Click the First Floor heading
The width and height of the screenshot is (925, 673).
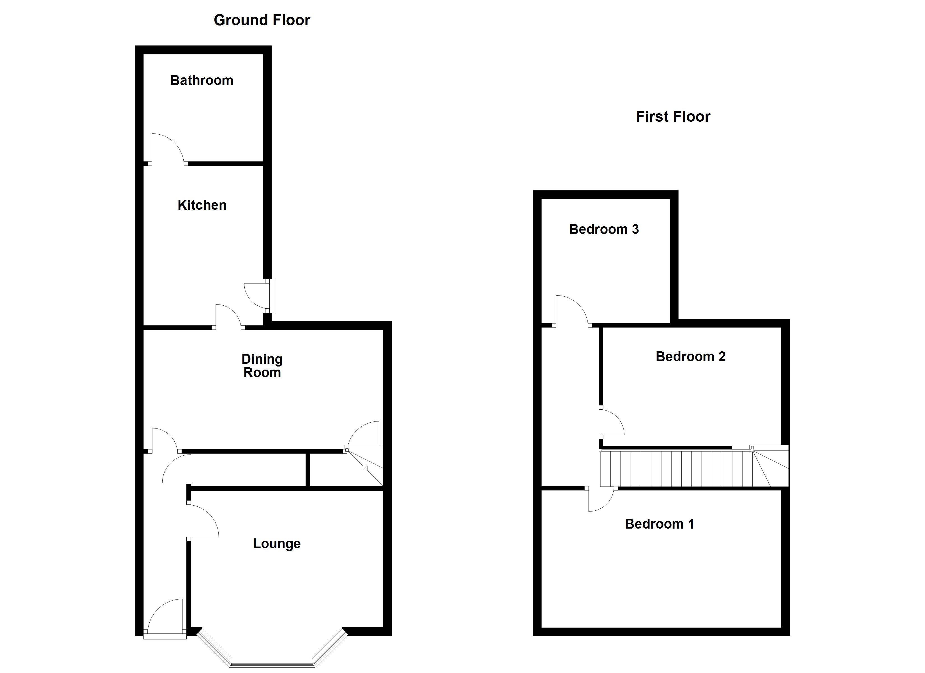[x=673, y=117]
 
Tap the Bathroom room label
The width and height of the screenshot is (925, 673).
[x=202, y=80]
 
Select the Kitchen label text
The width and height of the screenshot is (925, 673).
[x=202, y=205]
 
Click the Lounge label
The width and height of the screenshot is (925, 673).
[x=277, y=544]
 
